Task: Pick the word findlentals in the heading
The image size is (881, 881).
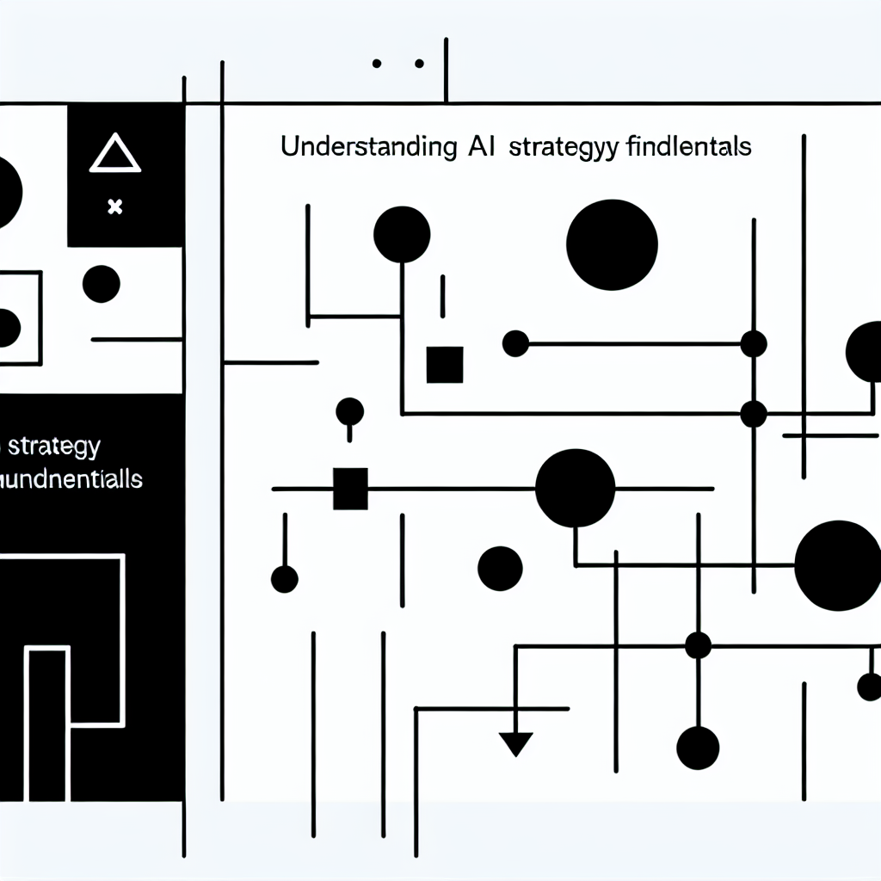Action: click(x=683, y=147)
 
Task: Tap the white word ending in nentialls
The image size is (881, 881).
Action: click(x=73, y=479)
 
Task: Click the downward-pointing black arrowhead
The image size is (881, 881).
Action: click(x=516, y=742)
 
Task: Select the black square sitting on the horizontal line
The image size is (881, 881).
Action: click(x=349, y=488)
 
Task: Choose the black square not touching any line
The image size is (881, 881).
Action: click(x=445, y=365)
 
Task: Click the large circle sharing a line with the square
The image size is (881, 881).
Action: click(x=575, y=488)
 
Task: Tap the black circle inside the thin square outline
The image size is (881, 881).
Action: click(x=7, y=326)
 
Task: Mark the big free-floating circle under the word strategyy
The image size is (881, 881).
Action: click(x=613, y=244)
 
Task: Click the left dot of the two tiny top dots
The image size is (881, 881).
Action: click(x=376, y=63)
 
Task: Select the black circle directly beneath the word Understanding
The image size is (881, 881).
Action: click(x=402, y=235)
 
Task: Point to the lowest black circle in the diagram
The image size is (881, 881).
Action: click(x=697, y=747)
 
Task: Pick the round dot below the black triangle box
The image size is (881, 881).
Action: click(x=102, y=284)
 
